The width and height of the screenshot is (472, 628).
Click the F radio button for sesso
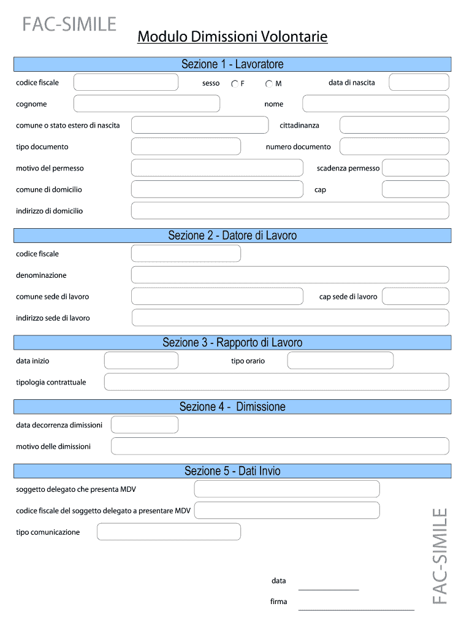[x=235, y=84]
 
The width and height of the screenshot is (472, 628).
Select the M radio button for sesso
[x=269, y=84]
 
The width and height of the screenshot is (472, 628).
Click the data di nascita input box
[x=419, y=82]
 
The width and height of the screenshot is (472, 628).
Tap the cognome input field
[x=147, y=104]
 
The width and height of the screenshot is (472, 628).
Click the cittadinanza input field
[x=394, y=125]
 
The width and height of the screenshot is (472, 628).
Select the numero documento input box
[x=394, y=147]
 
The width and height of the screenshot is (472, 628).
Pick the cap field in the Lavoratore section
[x=415, y=190]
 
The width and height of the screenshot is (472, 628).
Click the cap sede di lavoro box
[x=415, y=296]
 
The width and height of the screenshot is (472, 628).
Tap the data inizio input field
[x=141, y=361]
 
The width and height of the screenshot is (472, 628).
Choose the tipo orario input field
[x=340, y=361]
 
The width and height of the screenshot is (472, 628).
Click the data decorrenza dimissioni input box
[x=145, y=424]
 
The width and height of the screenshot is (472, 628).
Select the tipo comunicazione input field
[x=169, y=532]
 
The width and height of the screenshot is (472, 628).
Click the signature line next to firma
[x=356, y=609]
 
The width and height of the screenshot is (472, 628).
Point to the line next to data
[x=328, y=589]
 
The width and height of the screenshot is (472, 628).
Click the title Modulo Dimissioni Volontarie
[x=232, y=37]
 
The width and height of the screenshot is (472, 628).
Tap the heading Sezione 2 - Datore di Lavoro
[x=232, y=235]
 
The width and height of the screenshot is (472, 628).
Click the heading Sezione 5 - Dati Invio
[x=232, y=471]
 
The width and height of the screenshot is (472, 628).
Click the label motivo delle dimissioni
[x=53, y=446]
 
